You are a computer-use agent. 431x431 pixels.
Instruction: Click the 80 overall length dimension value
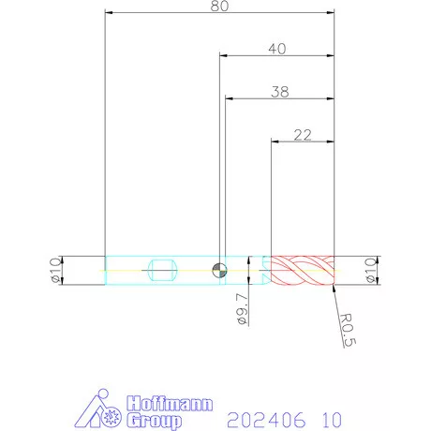[219, 6]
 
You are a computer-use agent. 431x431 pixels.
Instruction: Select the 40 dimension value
[277, 49]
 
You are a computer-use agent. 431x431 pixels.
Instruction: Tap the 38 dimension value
[280, 92]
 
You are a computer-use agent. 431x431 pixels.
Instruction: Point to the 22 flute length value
[303, 135]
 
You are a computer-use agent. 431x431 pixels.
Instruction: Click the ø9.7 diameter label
[243, 309]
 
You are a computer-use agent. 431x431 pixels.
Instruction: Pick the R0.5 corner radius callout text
[348, 330]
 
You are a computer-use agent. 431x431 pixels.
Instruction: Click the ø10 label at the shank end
[56, 270]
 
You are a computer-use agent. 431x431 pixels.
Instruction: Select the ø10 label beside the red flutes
[371, 270]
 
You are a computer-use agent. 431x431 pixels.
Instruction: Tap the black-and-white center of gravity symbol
[220, 270]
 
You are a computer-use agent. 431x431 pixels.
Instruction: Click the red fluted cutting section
[303, 270]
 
